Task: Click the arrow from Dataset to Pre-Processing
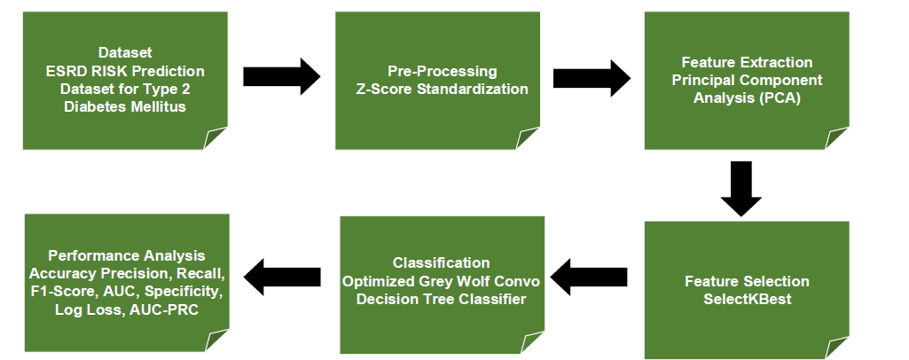[281, 77]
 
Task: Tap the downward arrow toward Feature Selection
[741, 189]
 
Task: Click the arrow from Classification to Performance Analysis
[281, 278]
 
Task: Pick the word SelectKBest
[748, 299]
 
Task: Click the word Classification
[441, 262]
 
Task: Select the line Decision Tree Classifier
[441, 298]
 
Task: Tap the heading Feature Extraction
[747, 63]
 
